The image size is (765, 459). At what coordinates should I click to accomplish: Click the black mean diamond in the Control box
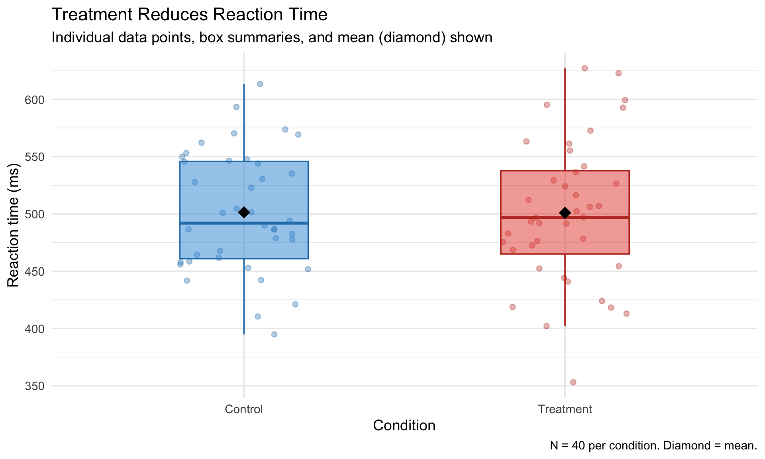(244, 212)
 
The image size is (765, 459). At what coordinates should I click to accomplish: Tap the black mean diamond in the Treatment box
(565, 213)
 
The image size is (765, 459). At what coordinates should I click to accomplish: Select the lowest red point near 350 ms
(573, 382)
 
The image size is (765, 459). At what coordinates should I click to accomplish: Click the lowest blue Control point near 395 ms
(274, 334)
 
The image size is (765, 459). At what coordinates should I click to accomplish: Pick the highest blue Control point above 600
(260, 84)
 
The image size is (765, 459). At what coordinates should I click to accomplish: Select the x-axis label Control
(244, 409)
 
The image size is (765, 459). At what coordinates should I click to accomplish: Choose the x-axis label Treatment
(565, 409)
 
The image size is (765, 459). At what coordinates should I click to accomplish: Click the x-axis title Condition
(404, 426)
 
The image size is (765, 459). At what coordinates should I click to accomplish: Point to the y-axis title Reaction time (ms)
(13, 225)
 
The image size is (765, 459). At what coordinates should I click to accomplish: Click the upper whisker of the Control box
(244, 120)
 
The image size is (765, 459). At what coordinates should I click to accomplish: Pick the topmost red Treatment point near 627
(585, 68)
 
